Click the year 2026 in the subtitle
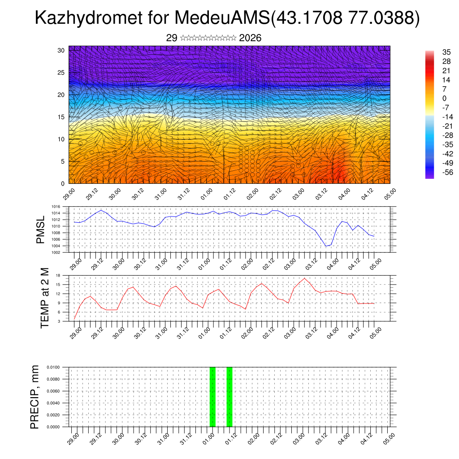250,38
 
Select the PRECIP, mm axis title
35,397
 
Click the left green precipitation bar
212,397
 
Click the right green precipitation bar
229,397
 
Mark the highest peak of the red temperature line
305,278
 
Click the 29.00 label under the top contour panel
69,196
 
